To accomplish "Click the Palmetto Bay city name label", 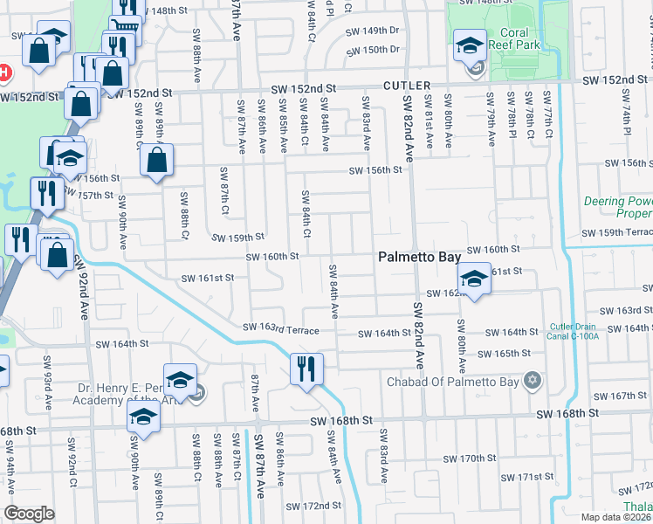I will pos(417,258).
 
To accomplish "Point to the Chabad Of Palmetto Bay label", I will pos(453,381).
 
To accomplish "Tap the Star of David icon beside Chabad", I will pos(531,380).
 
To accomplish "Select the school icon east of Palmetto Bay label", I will pos(473,279).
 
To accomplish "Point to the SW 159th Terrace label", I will pos(619,232).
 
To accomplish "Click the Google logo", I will pos(30,514).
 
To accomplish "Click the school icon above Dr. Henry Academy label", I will pos(180,379).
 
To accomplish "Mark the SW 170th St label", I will pos(469,458).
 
